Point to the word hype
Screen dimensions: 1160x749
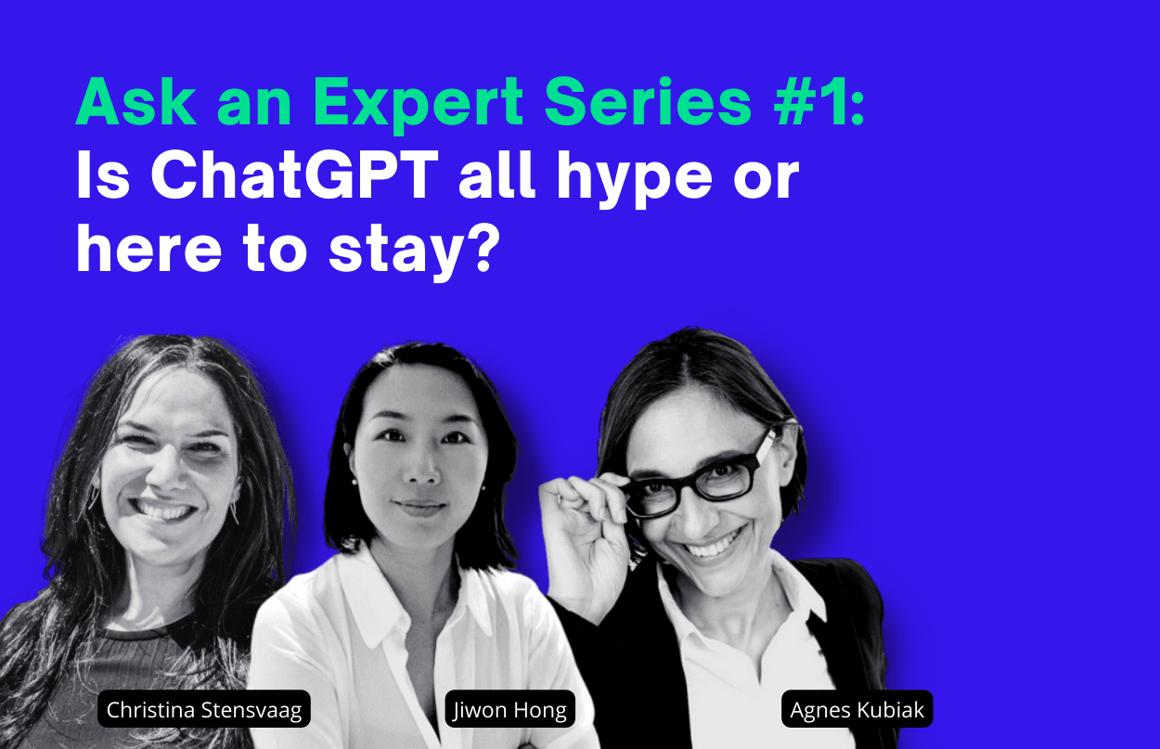(x=635, y=179)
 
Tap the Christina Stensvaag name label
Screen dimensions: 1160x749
(x=204, y=709)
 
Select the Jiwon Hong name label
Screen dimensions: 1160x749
(x=510, y=709)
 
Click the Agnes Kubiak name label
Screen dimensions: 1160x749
(x=857, y=709)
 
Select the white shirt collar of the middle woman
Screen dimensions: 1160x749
(x=414, y=596)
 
